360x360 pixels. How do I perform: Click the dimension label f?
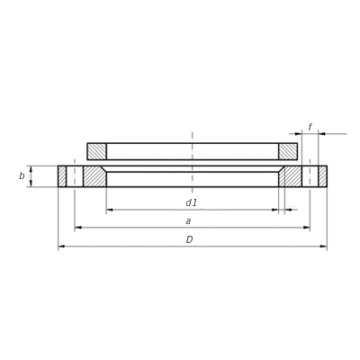coord(310,127)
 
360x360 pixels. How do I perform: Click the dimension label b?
coord(22,176)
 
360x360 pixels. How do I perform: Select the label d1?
coord(191,203)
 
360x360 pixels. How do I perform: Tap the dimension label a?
coord(188,221)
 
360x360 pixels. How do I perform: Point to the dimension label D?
coord(189,239)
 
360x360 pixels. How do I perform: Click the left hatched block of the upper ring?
coord(97,151)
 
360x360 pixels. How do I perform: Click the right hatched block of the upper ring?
coord(288,151)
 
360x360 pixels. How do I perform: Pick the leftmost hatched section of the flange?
coord(62,176)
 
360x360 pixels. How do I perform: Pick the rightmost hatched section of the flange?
coord(323,176)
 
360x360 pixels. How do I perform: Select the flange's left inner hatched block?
coord(94,176)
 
